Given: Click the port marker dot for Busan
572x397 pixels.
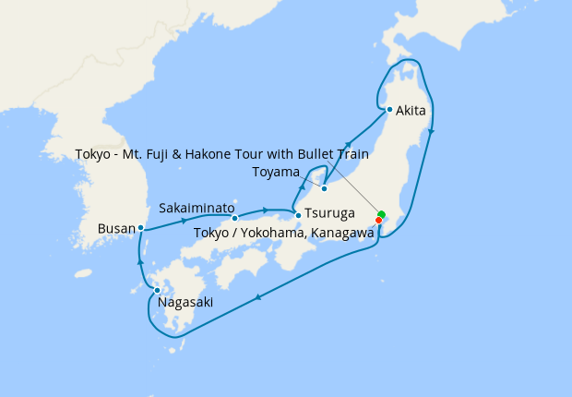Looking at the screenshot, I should point(140,227).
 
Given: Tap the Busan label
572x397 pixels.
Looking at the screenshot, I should point(117,227).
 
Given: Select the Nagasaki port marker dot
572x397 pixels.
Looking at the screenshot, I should point(158,291).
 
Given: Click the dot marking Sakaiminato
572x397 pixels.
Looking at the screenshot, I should point(235,218).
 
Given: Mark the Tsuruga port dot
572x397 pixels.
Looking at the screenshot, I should point(298,215).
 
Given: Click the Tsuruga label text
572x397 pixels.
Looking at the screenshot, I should point(330,214).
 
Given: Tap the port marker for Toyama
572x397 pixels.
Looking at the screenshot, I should point(324,188).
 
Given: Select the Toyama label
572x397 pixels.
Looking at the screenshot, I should point(276,173).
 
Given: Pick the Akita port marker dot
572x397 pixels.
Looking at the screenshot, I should point(390,110).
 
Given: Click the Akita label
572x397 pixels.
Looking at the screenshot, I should point(411,111).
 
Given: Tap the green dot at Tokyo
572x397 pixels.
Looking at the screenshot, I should point(381,215).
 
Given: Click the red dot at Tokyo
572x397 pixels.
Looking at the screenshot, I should point(378,220).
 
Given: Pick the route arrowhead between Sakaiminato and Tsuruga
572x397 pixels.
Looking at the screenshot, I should point(266,211).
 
